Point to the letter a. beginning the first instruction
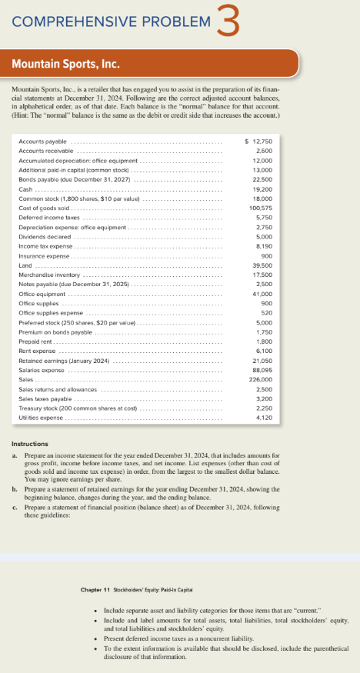coord(17,456)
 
